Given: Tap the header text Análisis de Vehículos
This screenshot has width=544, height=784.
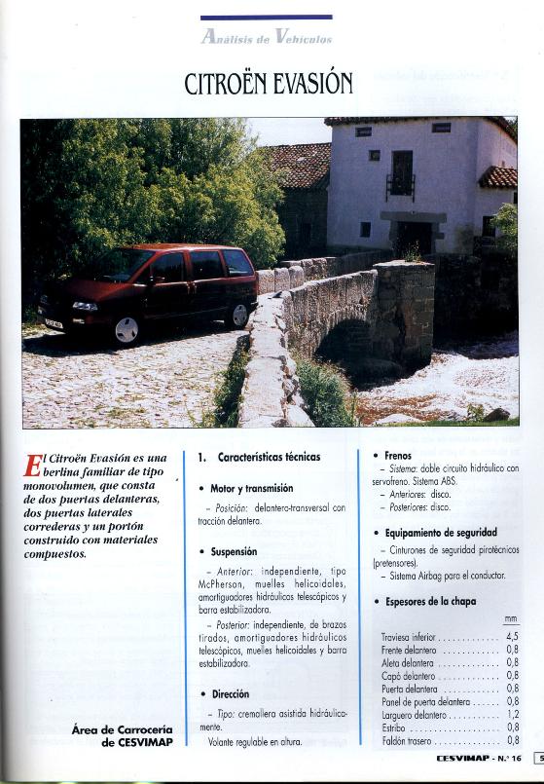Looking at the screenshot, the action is (x=267, y=38).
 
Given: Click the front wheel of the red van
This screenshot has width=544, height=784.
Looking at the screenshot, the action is (x=127, y=329).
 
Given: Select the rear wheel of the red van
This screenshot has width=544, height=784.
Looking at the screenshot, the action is (x=238, y=314).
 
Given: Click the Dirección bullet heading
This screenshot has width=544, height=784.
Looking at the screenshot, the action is (x=231, y=694).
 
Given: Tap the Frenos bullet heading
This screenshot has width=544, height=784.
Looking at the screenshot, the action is (x=398, y=455).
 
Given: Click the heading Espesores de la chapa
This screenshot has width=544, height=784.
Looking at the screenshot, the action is (x=431, y=602).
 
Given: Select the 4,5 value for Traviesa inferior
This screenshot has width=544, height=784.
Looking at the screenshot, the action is (x=512, y=638).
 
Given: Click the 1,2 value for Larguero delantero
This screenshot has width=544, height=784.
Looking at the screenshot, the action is (x=512, y=714).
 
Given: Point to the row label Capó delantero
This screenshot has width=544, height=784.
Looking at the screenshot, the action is (x=408, y=675).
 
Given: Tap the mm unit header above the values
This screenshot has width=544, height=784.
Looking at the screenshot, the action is (x=511, y=618).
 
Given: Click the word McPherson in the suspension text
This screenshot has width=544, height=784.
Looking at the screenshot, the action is (x=227, y=584).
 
